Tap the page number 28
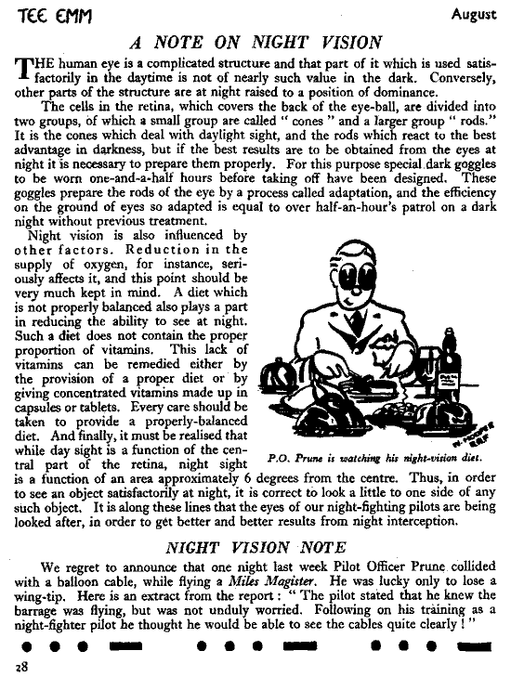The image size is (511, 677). [x=20, y=666]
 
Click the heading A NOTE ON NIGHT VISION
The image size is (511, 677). [x=255, y=42]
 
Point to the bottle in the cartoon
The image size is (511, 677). [x=450, y=362]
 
